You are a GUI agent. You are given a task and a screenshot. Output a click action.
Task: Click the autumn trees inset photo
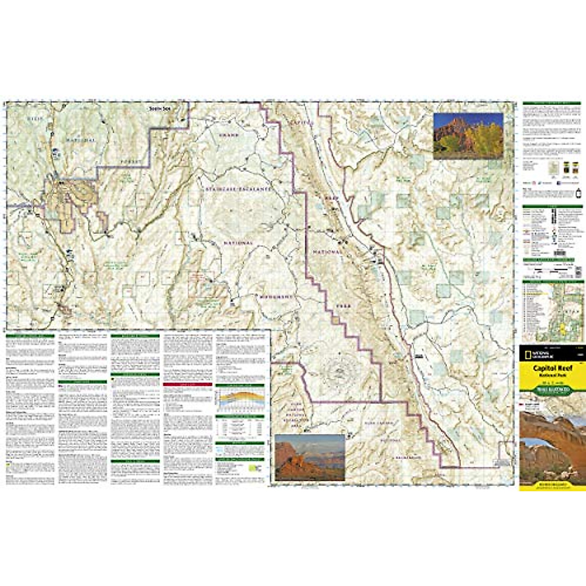coord(468,136)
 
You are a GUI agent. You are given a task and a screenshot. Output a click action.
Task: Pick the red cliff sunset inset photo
coord(310,457)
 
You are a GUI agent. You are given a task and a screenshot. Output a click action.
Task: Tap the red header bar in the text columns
coord(188,384)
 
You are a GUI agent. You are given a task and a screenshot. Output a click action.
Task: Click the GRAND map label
coord(229,135)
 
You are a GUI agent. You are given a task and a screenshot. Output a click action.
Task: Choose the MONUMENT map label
coord(275,296)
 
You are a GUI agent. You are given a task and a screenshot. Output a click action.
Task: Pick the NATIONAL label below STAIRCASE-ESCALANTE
coord(238,243)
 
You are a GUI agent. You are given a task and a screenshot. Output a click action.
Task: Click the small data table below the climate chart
coord(240,428)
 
